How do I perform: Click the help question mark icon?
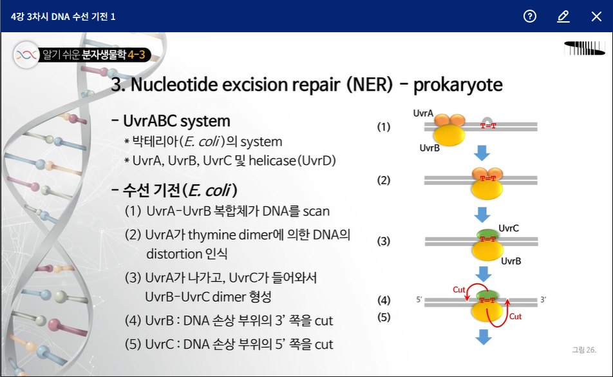530,16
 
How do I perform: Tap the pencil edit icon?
563,16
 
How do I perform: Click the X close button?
596,16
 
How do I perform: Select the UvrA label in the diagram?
423,113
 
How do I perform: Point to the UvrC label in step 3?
509,228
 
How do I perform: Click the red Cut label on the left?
459,289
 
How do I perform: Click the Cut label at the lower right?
515,316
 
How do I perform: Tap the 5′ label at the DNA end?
419,300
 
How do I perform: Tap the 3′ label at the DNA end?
543,300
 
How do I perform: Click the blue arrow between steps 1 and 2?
482,153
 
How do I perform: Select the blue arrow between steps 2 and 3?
482,215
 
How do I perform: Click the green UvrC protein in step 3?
487,234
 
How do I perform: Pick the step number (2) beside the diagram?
384,180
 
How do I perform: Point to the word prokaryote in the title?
458,84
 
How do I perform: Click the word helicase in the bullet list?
272,160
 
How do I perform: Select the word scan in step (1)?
316,211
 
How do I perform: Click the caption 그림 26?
584,350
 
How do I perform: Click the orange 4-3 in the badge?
137,54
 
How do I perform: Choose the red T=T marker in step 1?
488,126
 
